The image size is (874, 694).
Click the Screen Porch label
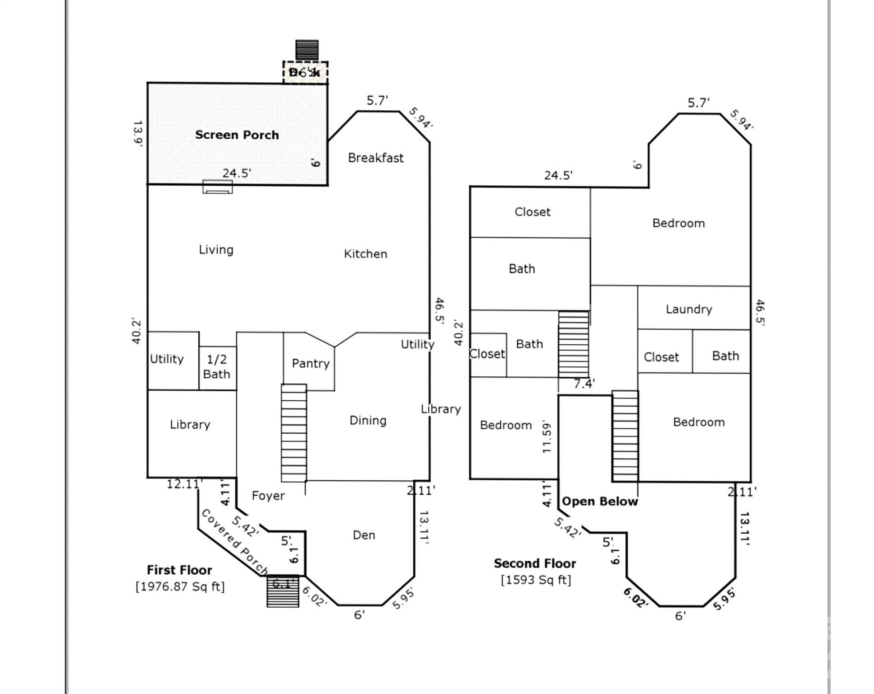click(237, 135)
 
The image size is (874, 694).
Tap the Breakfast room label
click(375, 158)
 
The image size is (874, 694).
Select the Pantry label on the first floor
click(310, 363)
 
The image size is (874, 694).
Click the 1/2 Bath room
click(217, 366)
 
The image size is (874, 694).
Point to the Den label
click(364, 535)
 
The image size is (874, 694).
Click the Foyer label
click(268, 496)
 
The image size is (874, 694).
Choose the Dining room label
click(368, 420)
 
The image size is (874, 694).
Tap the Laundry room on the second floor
click(688, 309)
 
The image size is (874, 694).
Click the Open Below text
click(599, 501)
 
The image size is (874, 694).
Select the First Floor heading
click(179, 570)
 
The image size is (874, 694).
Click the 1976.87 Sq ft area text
click(180, 586)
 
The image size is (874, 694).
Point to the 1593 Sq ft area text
click(536, 580)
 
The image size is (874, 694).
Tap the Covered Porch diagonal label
click(234, 541)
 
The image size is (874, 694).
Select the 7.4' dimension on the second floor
click(584, 384)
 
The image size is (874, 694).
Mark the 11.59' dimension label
click(547, 437)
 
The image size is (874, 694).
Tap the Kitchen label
click(365, 253)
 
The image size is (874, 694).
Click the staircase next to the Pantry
click(294, 432)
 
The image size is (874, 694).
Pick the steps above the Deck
click(307, 50)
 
